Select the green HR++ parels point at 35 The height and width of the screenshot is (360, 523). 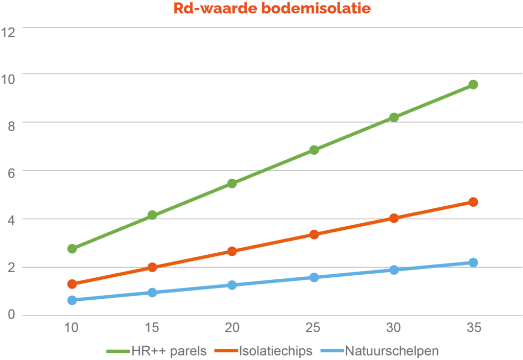point(473,84)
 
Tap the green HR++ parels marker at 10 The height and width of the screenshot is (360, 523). point(72,249)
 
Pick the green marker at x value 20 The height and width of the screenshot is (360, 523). point(232,183)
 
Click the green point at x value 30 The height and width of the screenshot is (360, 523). point(394,117)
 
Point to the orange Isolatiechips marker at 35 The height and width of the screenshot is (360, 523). point(473,202)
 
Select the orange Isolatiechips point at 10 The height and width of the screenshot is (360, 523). point(72,284)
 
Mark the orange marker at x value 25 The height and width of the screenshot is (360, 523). point(314,234)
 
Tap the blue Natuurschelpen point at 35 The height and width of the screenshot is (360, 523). point(473,262)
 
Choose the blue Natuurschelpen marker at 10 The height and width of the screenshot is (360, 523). point(72,300)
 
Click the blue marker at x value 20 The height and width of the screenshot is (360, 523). point(232,285)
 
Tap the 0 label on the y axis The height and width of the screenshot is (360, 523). point(11,315)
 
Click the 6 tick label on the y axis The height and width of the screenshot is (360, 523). point(11,172)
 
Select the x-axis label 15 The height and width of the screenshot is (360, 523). point(152,328)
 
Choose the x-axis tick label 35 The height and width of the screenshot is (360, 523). point(473,328)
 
